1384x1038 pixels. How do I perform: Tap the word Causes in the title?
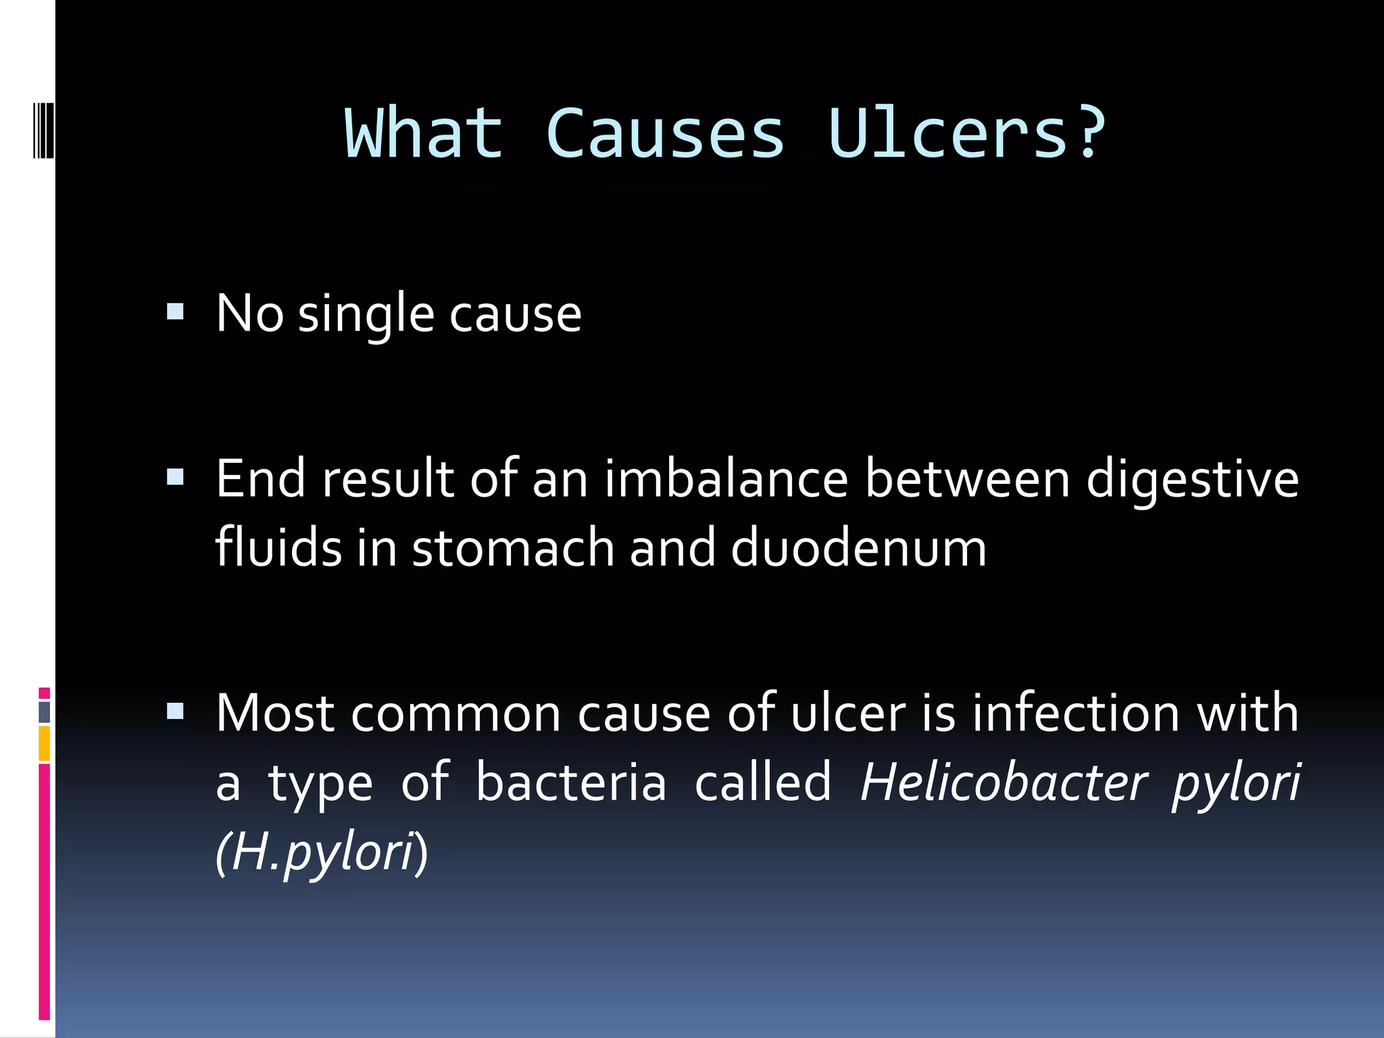point(665,134)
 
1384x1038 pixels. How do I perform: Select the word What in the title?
point(424,134)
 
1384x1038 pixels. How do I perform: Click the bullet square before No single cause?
point(175,312)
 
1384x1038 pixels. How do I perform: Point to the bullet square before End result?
point(175,478)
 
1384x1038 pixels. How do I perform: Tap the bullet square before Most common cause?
point(175,711)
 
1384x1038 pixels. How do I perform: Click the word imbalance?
point(726,478)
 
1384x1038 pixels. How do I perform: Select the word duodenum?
point(858,547)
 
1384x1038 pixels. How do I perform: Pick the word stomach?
point(513,547)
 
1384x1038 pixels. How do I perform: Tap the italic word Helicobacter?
point(1004,782)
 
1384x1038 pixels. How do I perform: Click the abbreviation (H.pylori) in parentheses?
point(322,853)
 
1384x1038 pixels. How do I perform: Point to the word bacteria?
point(571,782)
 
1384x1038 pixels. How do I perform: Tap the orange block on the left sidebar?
point(45,743)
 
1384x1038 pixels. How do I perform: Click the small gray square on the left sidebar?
point(45,712)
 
